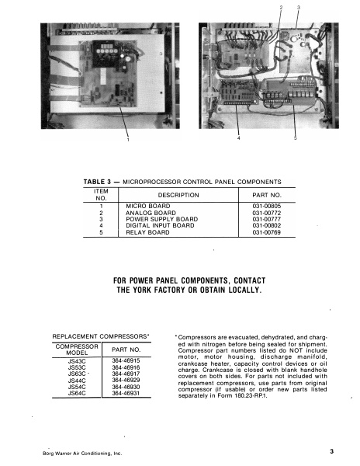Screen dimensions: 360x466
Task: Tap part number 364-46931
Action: click(123, 395)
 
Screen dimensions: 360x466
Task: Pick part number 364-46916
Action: click(123, 367)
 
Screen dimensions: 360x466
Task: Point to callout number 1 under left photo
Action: click(127, 141)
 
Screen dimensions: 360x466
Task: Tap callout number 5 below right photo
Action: click(295, 139)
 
